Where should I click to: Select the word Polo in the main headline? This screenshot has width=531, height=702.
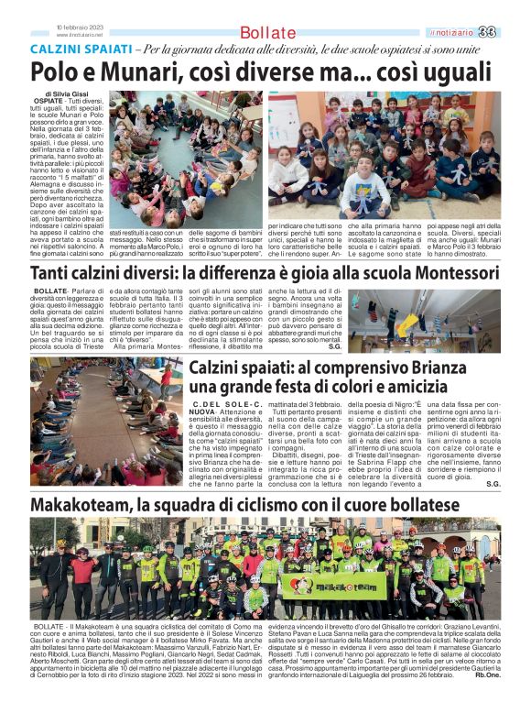pyautogui.click(x=57, y=73)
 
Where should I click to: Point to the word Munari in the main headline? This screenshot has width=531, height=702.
pyautogui.click(x=130, y=73)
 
